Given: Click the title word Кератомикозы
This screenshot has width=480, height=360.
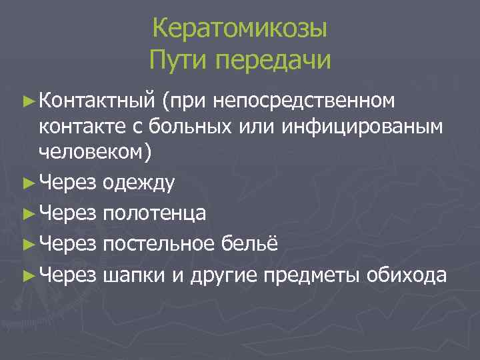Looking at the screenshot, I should point(239,29).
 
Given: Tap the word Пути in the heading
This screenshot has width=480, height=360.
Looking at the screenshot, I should point(175,61).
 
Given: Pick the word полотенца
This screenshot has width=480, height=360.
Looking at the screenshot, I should point(155,213).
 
